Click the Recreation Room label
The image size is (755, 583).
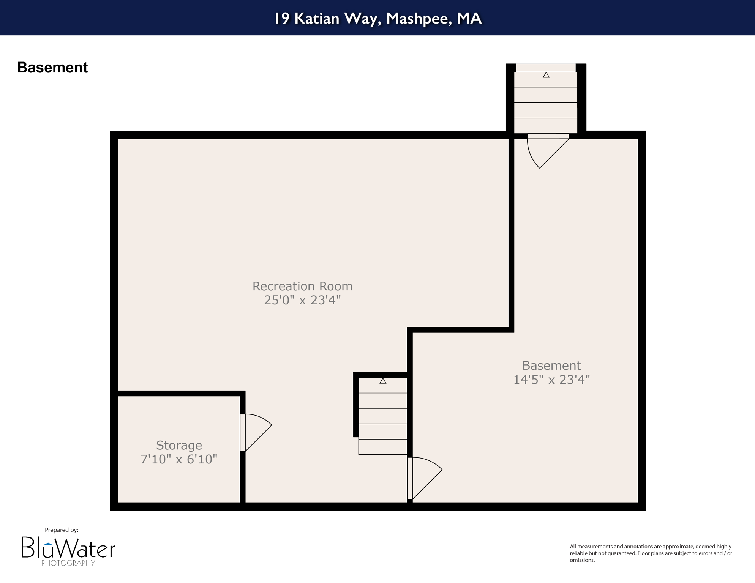pos(302,286)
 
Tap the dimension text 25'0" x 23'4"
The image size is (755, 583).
pos(302,300)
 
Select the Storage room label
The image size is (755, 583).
pos(179,445)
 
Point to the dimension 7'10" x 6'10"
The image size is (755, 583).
pos(179,459)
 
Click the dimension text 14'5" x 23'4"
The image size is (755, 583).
pos(551,380)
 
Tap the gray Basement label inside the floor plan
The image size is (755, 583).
pos(551,366)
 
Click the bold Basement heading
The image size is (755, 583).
pos(52,68)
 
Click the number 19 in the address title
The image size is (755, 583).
pos(282,18)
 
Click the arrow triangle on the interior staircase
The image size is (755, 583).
pos(383,381)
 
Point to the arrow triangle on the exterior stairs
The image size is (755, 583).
pos(546,75)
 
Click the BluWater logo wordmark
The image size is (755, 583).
pos(68,548)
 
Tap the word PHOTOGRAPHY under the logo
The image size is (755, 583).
pos(68,563)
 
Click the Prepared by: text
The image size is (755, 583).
pos(62,530)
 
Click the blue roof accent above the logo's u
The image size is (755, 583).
pos(48,544)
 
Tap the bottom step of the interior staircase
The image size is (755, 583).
pos(383,447)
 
